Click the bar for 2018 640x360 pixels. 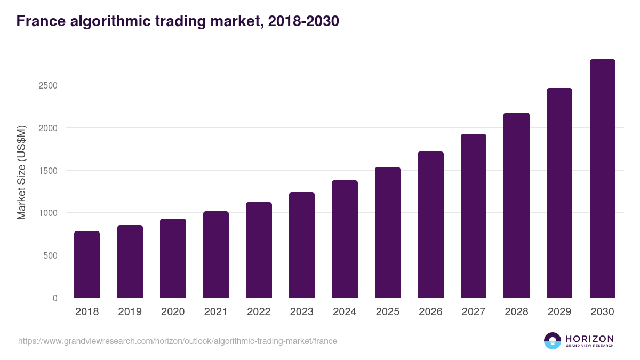87,264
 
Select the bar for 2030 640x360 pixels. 602,179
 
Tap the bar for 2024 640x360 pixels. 345,239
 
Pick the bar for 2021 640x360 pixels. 216,254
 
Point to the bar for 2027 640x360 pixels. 474,216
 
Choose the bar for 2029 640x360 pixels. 559,193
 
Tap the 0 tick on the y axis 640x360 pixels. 55,298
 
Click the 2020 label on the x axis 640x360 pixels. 173,312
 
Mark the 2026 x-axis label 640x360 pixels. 430,312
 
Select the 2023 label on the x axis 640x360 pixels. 302,312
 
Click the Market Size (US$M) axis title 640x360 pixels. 21,172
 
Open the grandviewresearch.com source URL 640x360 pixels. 178,341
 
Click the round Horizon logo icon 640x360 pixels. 553,341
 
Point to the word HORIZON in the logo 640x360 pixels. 589,339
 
